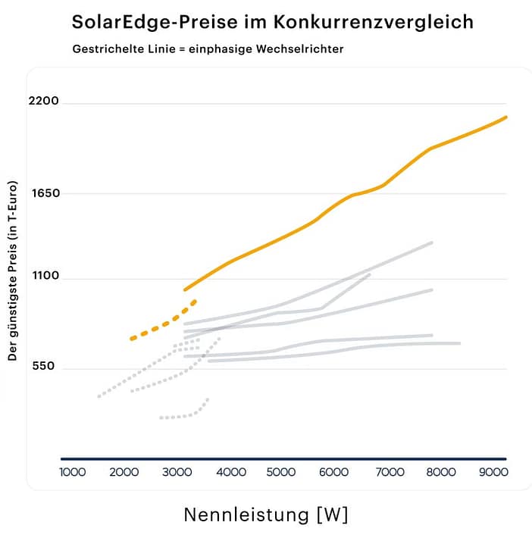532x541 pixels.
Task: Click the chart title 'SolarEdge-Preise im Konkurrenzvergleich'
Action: [x=272, y=21]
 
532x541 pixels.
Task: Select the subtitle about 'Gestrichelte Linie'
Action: [x=208, y=49]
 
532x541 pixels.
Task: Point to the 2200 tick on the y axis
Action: [x=43, y=102]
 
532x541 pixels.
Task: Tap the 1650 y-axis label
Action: [x=44, y=193]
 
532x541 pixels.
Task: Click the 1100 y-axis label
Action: [x=44, y=277]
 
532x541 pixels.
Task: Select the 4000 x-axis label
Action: [x=231, y=472]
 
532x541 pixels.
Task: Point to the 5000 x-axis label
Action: [x=282, y=472]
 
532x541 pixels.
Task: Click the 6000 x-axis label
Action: [x=334, y=472]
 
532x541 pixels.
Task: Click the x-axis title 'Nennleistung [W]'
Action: [x=266, y=515]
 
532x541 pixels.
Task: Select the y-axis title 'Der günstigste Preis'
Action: [x=13, y=270]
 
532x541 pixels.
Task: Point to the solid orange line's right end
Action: [x=505, y=117]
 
